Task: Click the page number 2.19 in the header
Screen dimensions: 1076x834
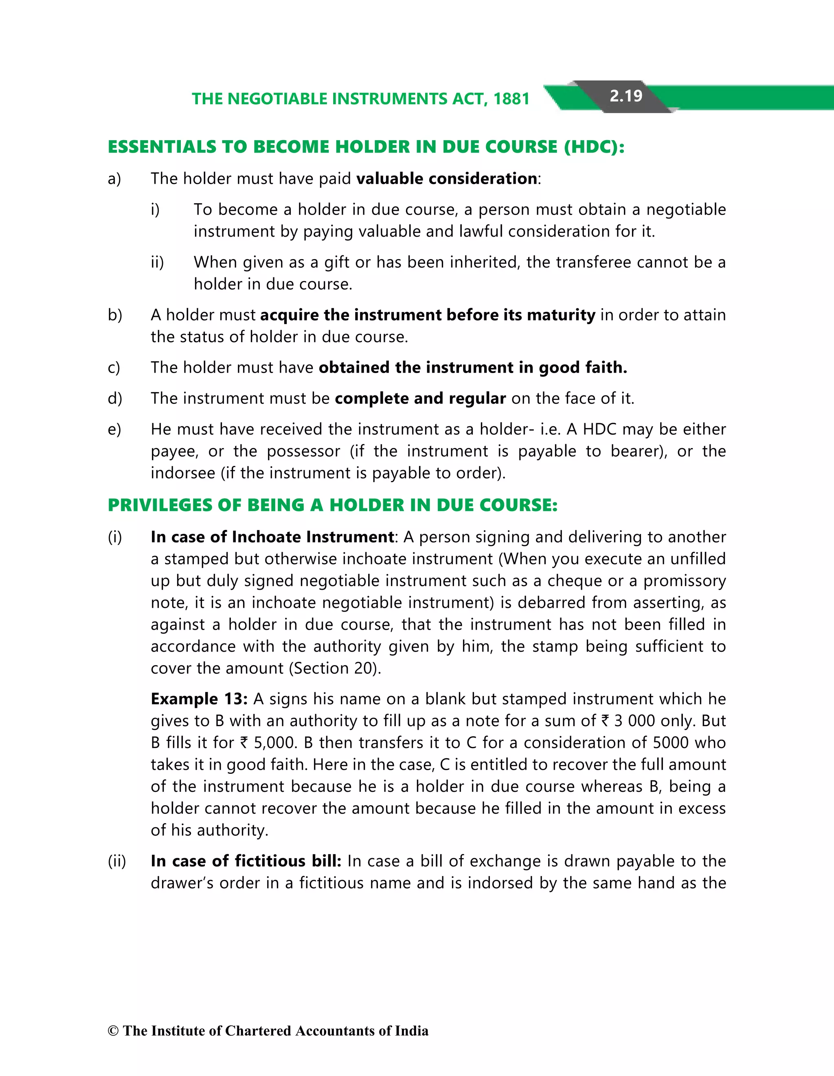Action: [x=625, y=96]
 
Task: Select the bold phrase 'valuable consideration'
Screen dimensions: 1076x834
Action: [x=446, y=178]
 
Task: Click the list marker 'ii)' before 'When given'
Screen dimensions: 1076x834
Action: [x=157, y=262]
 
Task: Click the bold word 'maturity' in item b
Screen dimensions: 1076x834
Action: [x=561, y=315]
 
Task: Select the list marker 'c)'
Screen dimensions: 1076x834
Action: [x=114, y=367]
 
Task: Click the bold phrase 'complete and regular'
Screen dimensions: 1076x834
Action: [x=420, y=398]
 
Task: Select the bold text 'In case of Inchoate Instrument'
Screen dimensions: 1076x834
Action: [x=272, y=537]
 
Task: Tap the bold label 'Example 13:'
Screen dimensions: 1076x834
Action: [x=199, y=699]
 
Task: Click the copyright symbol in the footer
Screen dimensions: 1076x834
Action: [x=113, y=1031]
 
